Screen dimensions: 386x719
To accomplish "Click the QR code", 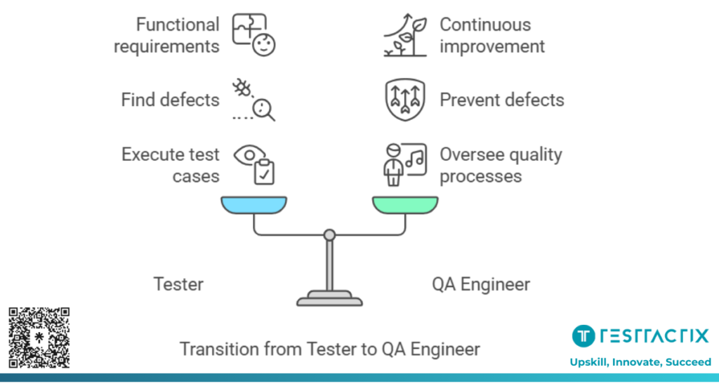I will coord(39,338).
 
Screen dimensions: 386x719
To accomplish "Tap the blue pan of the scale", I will coord(254,205).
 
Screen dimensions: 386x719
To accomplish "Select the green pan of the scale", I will coord(405,205).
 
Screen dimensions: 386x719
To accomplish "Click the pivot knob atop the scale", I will coord(329,234).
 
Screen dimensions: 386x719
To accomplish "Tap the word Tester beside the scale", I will coord(178,284).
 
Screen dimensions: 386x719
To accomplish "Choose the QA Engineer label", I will coord(481,284).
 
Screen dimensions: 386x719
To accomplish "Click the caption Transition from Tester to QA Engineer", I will coord(330,349).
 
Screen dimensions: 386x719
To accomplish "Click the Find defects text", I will coord(170,100).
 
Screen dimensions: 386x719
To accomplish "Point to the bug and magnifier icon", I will coord(254,100).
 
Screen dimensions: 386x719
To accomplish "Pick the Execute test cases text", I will coord(171,164).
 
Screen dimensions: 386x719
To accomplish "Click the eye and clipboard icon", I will coord(254,164).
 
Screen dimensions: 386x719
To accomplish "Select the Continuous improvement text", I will coord(492,36).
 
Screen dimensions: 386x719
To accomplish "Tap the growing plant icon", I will coord(405,35).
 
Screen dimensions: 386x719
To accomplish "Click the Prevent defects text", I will coord(501,100).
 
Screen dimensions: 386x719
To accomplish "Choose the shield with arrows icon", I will coord(405,100).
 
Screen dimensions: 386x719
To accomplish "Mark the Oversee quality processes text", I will coord(501,164).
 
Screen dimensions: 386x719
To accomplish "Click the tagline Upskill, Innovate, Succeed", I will coord(640,362).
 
